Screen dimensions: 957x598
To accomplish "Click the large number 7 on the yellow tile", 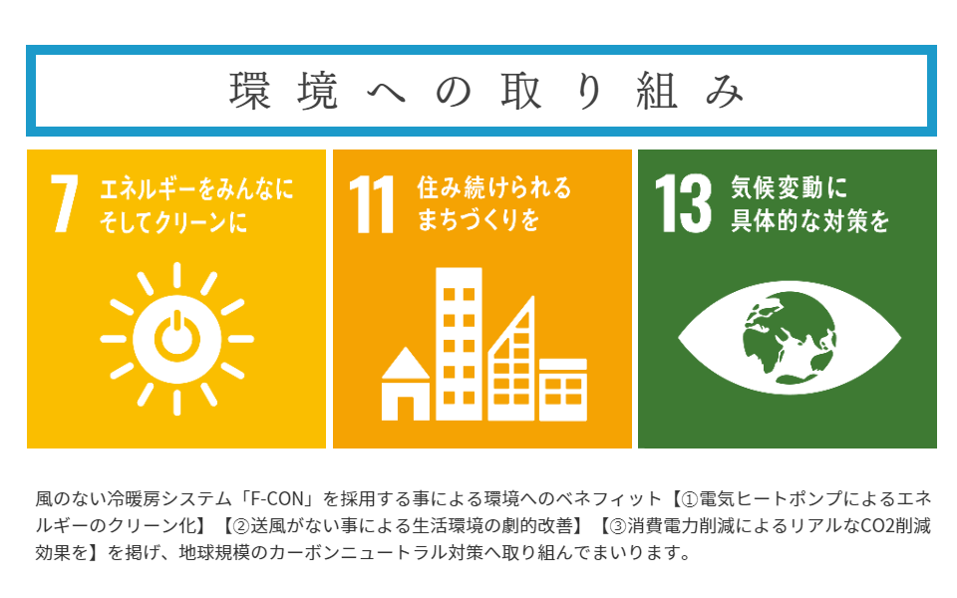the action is pos(65,203).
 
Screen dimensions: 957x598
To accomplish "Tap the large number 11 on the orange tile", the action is pos(371,205).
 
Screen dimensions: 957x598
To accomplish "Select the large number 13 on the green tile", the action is pos(683,203).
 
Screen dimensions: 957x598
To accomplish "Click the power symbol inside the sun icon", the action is pos(177,336).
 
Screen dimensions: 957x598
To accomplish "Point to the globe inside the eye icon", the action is pos(790,338).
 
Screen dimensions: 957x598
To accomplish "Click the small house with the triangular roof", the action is pos(406,384).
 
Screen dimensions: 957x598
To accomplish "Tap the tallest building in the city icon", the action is pos(459,344).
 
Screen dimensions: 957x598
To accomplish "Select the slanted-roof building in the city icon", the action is pos(511,359).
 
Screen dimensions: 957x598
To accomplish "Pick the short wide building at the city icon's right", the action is pos(563,390).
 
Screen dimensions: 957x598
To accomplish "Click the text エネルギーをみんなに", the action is pos(196,189).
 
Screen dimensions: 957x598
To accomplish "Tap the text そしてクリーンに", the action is pos(173,221).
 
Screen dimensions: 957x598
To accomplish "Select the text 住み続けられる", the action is pos(494,187).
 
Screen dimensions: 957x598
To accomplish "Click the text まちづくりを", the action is pos(478,219).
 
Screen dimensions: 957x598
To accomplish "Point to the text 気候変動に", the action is pos(790,187).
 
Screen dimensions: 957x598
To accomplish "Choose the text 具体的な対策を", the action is pos(809,220).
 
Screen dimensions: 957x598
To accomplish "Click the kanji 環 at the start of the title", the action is pos(249,92).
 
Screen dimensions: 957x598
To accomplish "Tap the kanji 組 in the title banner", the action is pos(657,92).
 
